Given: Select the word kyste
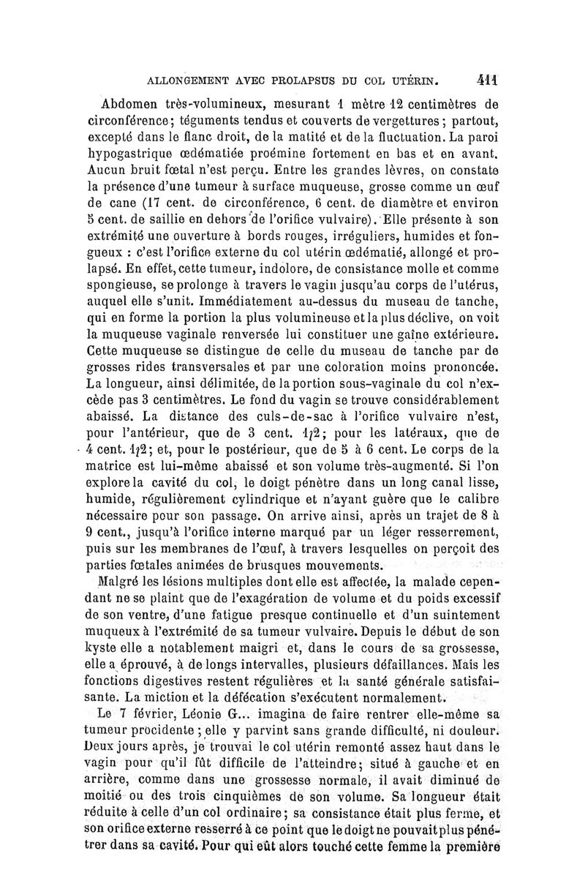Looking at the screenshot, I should click(102, 649).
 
